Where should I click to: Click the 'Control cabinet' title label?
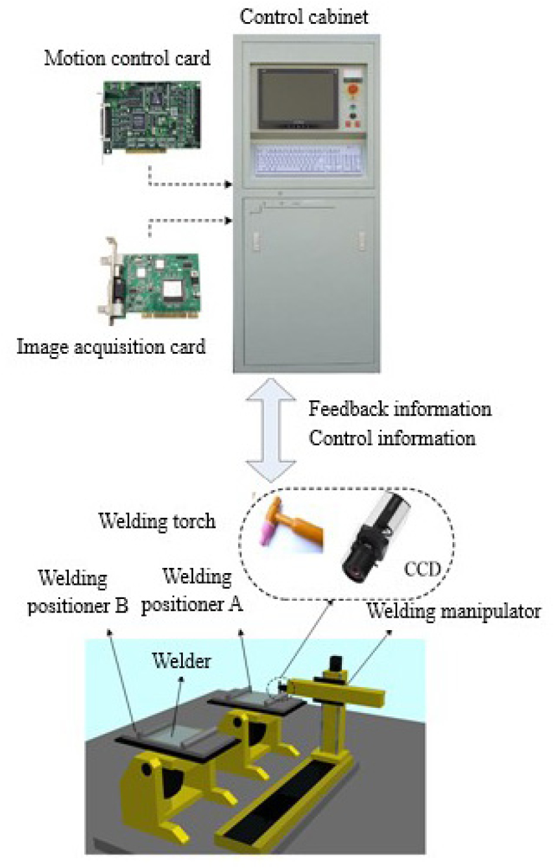[x=304, y=16]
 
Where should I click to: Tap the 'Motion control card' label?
[x=127, y=58]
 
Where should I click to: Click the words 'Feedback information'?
[x=400, y=410]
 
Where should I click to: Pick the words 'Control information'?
[x=392, y=438]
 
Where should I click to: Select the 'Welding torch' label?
[x=156, y=521]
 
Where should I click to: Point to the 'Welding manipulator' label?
[x=453, y=610]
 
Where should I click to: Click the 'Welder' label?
[x=181, y=661]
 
